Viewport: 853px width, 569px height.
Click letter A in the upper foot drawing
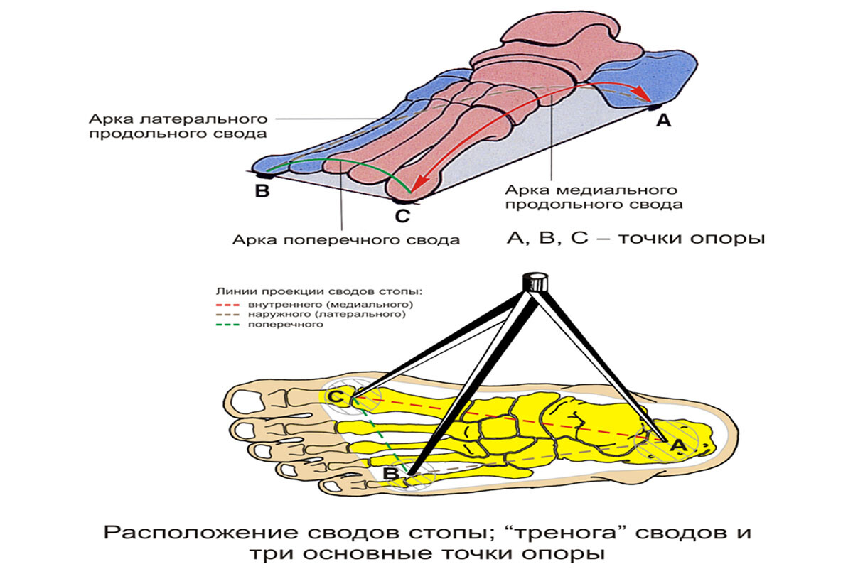pyautogui.click(x=662, y=121)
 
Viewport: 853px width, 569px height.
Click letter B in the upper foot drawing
pyautogui.click(x=262, y=190)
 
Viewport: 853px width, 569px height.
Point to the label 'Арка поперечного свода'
pyautogui.click(x=345, y=239)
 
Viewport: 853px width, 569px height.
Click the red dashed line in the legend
pyautogui.click(x=228, y=305)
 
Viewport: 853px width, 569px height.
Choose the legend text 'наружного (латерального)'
pyautogui.click(x=326, y=314)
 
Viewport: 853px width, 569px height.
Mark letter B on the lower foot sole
pyautogui.click(x=390, y=473)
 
